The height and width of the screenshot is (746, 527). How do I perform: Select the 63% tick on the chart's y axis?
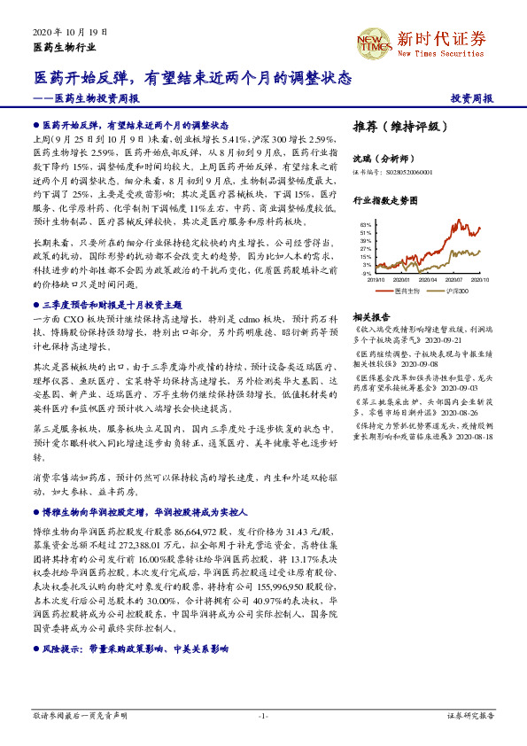[365, 226]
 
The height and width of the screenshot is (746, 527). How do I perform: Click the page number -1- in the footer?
[263, 714]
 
